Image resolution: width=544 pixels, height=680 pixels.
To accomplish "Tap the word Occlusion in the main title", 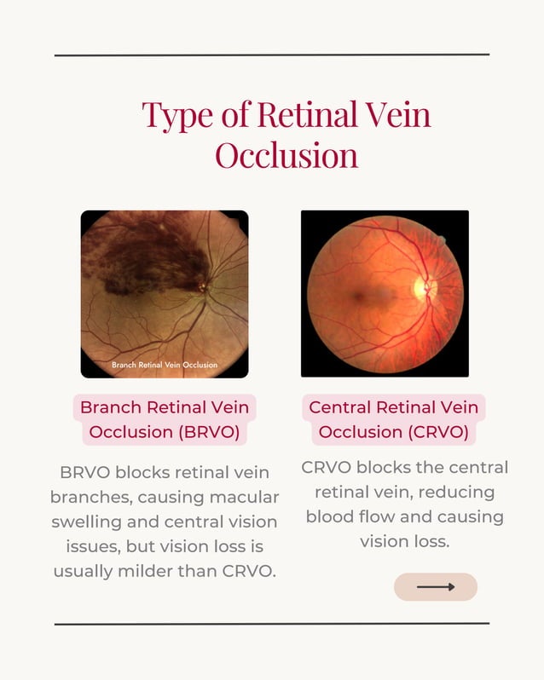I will tap(286, 156).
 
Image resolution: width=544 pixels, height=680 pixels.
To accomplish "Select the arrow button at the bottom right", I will tap(435, 587).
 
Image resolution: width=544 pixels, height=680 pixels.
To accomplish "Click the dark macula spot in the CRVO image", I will tap(357, 297).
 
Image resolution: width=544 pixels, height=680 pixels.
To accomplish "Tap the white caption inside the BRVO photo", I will tap(165, 365).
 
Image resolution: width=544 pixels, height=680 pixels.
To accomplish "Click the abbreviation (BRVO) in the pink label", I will tap(211, 432).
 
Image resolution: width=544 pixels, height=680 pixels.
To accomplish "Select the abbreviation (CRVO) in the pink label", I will tap(434, 432).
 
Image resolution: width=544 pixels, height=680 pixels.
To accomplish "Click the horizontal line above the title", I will tap(271, 55).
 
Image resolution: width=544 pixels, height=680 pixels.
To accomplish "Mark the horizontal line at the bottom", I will tap(271, 624).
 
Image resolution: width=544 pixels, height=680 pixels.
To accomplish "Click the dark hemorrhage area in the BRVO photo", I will tap(141, 256).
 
